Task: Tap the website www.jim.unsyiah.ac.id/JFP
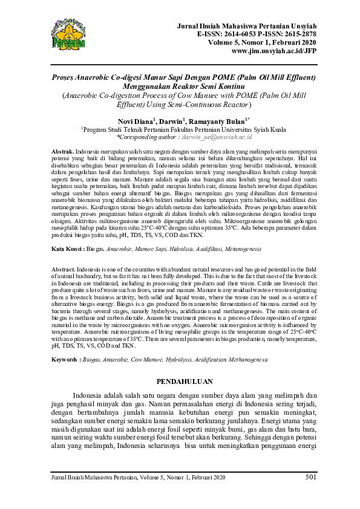(273, 51)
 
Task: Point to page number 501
(311, 478)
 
